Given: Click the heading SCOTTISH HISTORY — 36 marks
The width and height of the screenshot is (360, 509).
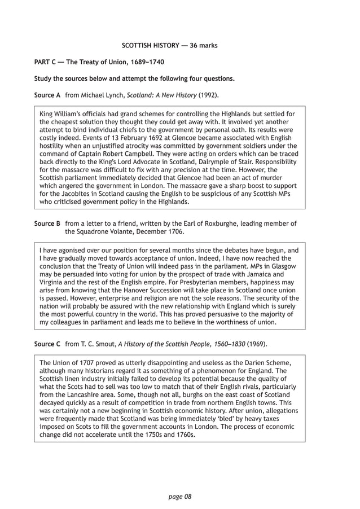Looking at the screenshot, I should [169, 45].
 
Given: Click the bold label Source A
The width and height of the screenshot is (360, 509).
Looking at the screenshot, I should [47, 95].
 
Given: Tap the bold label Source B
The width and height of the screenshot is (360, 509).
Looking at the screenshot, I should [47, 223].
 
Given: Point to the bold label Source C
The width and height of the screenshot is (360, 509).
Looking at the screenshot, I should [47, 343].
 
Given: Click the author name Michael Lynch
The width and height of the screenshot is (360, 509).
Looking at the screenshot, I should [104, 95].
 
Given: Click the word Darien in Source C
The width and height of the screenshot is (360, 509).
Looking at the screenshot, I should [249, 362].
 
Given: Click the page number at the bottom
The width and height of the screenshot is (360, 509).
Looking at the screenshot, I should [180, 497].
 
